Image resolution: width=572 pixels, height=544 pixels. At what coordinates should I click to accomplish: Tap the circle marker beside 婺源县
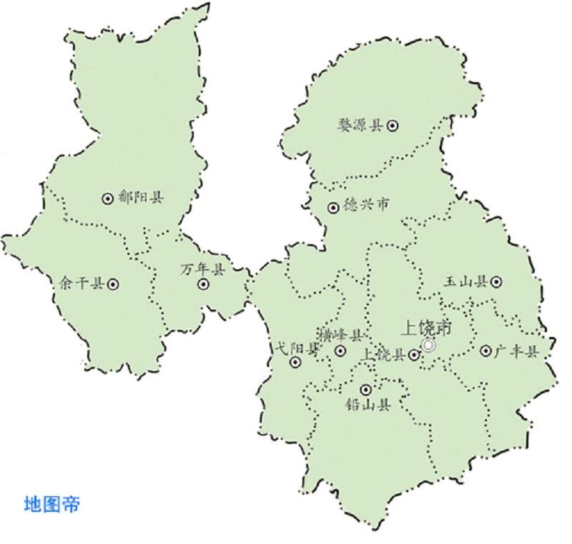[393, 126]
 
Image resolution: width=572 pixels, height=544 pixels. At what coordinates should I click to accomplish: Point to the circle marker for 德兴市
[333, 208]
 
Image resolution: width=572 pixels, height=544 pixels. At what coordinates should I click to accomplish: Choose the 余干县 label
[83, 283]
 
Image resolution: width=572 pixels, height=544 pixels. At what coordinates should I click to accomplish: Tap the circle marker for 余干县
[113, 284]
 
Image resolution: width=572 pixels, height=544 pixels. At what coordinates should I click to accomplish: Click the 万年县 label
[202, 269]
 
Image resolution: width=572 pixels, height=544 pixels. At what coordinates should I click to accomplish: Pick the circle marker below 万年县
[204, 284]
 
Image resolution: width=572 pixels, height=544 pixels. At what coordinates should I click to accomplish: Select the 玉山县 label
[465, 282]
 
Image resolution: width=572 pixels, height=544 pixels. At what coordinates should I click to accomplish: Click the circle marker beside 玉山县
[496, 282]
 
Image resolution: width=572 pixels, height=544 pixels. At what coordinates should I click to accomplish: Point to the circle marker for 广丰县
[486, 351]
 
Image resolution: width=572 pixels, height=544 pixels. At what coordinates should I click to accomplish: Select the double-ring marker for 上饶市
[428, 345]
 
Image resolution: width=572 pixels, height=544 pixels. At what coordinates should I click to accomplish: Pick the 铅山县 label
[368, 406]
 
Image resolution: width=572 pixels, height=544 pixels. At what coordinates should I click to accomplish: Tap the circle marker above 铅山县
[366, 390]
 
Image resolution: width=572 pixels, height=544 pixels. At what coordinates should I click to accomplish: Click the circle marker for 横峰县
[340, 351]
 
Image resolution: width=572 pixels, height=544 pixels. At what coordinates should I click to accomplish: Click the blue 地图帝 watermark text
[52, 504]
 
